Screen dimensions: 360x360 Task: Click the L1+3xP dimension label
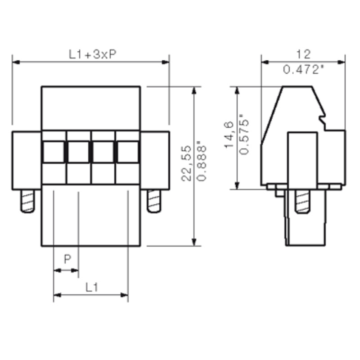coord(93,54)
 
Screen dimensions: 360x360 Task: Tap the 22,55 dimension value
coord(186,163)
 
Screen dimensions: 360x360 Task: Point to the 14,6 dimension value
coord(229,135)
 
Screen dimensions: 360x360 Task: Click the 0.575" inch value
coord(244,134)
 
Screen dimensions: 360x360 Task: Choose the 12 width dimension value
coord(303,54)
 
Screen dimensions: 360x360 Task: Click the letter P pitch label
coord(67,259)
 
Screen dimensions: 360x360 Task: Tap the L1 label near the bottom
coord(92,287)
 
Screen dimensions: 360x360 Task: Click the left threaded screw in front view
coord(28,201)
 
